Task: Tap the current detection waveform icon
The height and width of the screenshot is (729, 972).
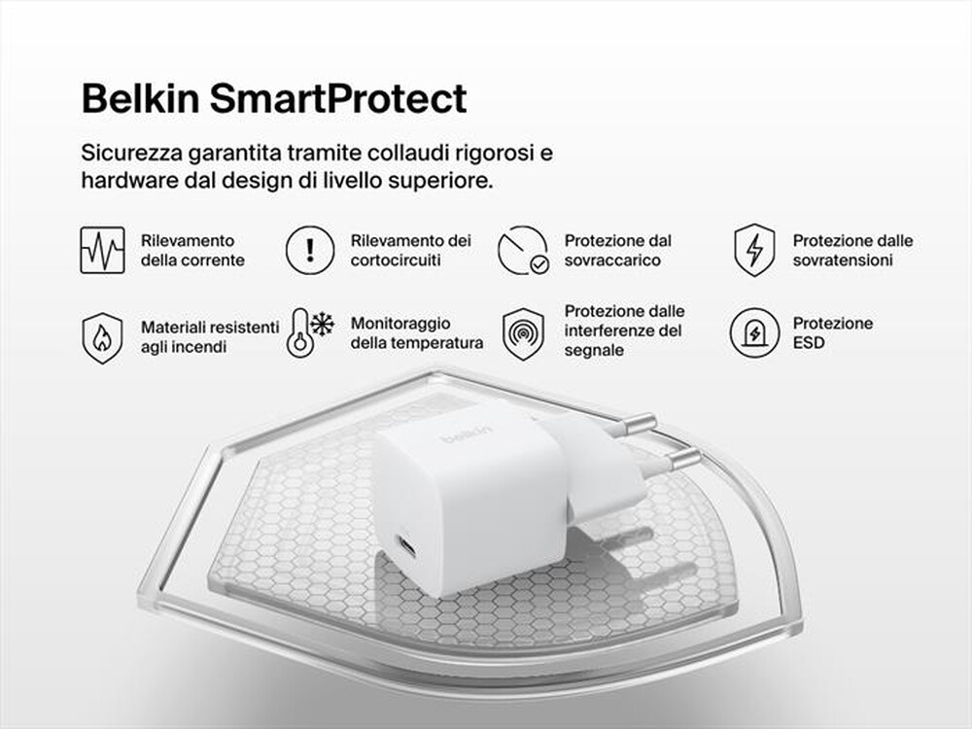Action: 102,250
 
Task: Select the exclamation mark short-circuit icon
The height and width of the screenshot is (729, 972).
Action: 310,250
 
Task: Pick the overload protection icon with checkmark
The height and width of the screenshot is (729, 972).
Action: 523,250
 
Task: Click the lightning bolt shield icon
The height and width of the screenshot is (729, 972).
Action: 754,250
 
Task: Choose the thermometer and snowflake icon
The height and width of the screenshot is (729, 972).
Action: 310,333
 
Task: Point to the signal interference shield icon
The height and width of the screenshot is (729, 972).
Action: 523,333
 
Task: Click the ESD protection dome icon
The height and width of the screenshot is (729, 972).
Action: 754,333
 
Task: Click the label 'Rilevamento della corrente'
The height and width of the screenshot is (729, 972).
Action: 192,250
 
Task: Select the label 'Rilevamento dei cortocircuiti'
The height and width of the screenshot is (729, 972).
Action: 411,250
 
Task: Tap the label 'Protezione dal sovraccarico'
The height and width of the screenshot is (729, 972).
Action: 617,250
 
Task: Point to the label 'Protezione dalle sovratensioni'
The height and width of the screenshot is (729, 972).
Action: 852,250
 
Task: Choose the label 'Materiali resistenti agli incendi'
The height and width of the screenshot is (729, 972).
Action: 209,336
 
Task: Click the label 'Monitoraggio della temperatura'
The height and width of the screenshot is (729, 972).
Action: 416,333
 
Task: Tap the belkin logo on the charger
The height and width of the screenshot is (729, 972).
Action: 467,434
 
